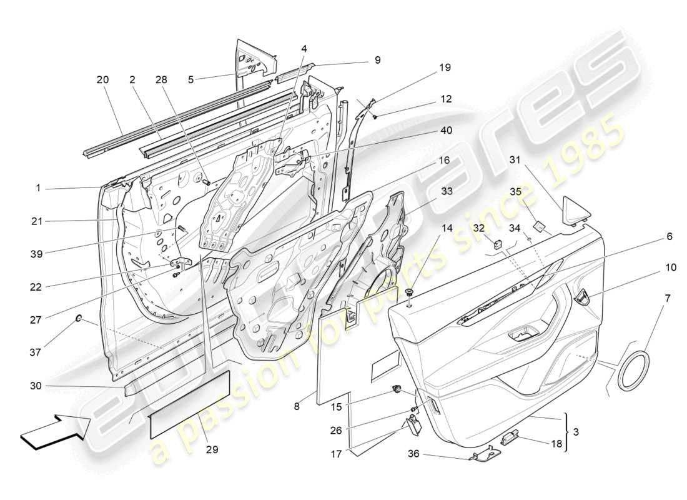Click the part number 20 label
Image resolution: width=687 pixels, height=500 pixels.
pos(102,79)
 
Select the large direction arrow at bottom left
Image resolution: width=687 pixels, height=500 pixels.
pos(55,431)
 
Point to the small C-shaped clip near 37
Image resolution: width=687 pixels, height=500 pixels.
pos(79,318)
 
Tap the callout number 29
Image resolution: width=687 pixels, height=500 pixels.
pos(212,449)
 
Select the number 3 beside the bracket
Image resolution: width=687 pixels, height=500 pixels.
pos(576,432)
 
